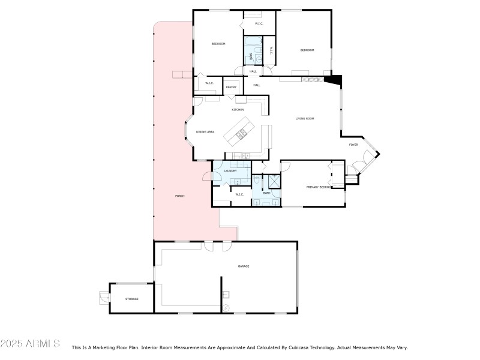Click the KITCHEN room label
pos(238,110)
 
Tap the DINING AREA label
pos(205,131)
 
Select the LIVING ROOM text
pos(305,118)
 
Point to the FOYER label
pos(354,145)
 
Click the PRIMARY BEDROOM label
pos(319,187)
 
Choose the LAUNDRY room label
pos(230,171)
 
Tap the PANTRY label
pos(231,88)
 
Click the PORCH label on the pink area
pos(179,196)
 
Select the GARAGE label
pos(243,266)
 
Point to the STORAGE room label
pos(131,299)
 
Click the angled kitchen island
pos(239,131)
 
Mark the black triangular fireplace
pos(334,79)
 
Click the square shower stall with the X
pos(274,181)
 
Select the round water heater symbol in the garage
pos(226,308)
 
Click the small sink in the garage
pos(227,295)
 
